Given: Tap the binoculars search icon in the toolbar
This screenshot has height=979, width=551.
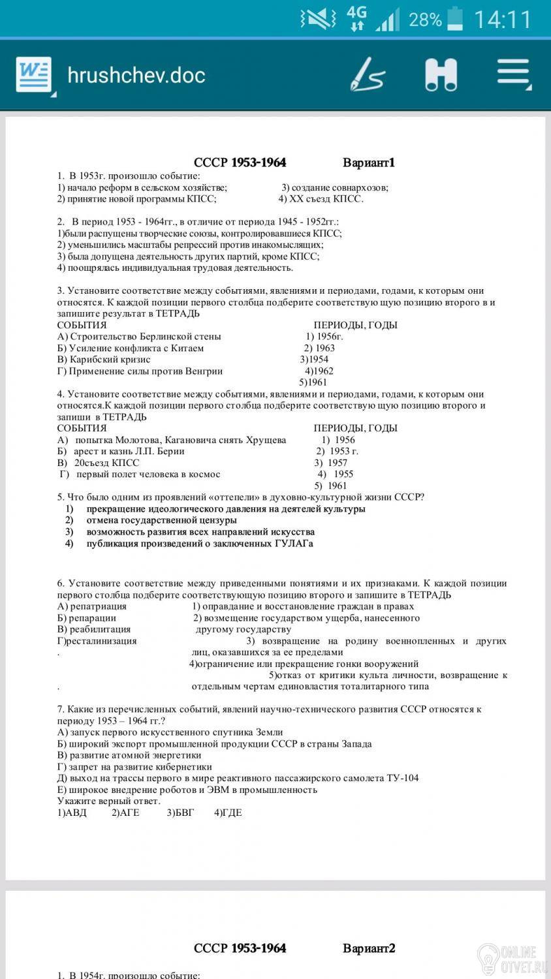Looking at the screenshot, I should click(x=441, y=74).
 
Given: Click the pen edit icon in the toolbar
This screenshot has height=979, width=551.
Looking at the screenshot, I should click(x=366, y=74).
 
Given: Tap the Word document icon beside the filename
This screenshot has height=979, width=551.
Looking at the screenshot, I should click(x=34, y=75).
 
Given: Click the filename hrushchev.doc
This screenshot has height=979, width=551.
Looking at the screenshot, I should click(x=136, y=75).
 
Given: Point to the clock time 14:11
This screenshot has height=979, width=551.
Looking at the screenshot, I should click(x=502, y=20).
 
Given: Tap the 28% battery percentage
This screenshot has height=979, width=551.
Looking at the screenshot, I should click(x=425, y=20).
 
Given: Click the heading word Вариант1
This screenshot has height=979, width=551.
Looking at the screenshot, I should click(x=369, y=163).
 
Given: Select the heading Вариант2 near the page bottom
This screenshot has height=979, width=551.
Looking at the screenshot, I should click(x=369, y=948).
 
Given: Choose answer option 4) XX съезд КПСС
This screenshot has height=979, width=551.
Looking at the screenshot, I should click(x=321, y=199).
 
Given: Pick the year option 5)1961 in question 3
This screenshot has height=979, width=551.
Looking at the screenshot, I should click(x=313, y=382).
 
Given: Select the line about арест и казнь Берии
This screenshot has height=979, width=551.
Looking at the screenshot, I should click(x=121, y=451).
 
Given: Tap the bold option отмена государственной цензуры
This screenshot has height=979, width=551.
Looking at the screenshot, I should click(x=161, y=520).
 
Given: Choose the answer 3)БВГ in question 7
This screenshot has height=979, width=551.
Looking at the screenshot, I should click(x=180, y=813).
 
